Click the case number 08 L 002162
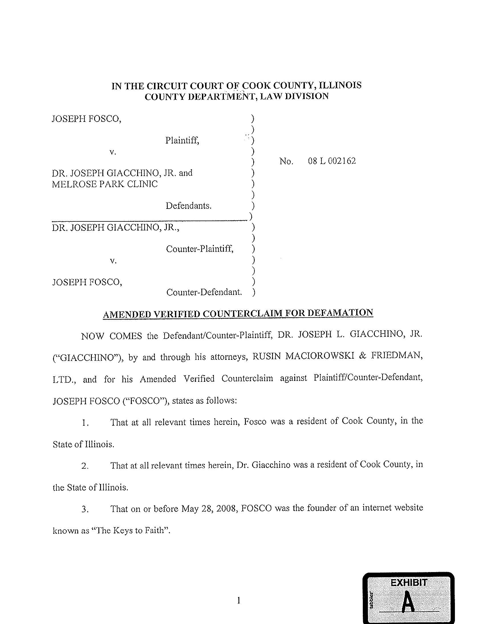(332, 161)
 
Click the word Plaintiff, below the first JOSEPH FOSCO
(182, 140)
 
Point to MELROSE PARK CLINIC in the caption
(104, 184)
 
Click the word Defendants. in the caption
(189, 206)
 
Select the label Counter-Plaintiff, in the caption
(200, 249)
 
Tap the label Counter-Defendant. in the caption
(204, 292)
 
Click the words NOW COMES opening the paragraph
(111, 336)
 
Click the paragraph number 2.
(85, 466)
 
